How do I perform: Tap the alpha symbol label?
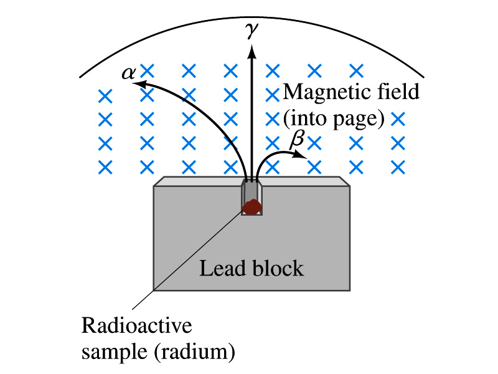click(129, 73)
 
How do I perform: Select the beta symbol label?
click(298, 140)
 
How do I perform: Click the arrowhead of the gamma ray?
click(251, 52)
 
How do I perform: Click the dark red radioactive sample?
click(251, 207)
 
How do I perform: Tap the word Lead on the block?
click(219, 269)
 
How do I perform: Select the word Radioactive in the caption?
click(137, 326)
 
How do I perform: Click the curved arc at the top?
click(249, 17)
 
